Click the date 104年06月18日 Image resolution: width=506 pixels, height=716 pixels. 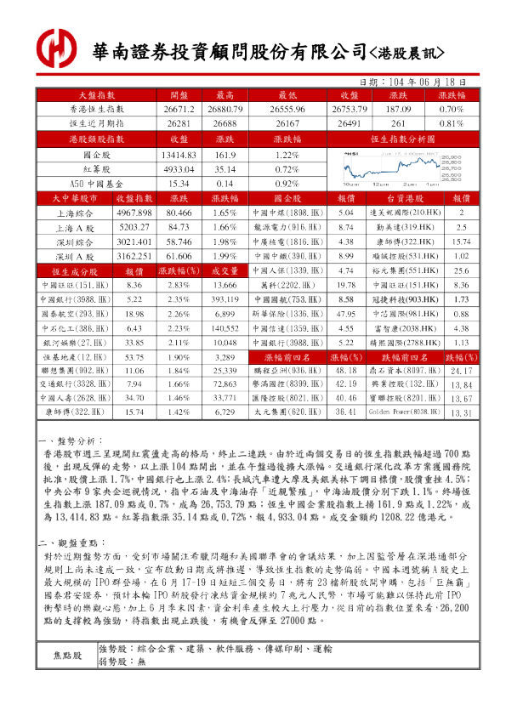(x=416, y=82)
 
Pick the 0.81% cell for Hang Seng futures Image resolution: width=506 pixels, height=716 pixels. (x=451, y=123)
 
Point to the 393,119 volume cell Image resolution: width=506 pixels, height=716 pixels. (x=225, y=299)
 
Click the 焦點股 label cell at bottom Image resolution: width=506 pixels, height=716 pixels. (x=68, y=656)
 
